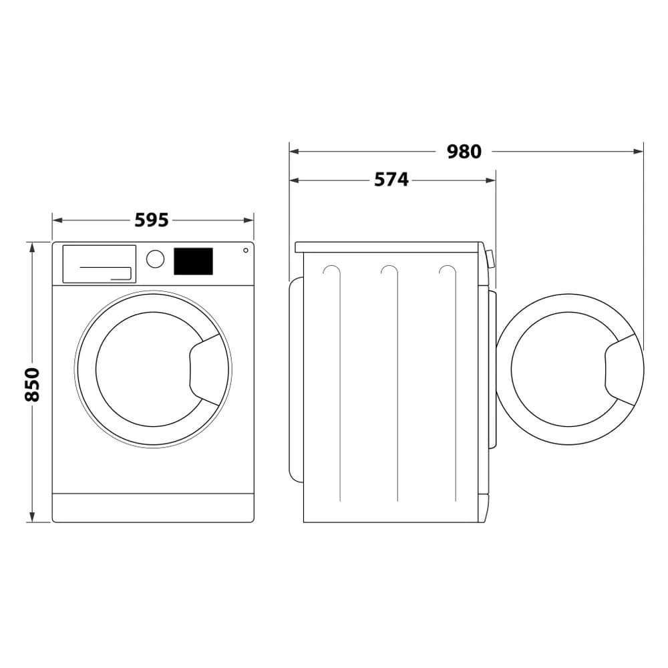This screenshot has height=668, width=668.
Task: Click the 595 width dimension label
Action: pyautogui.click(x=152, y=220)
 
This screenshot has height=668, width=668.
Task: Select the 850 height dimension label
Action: pyautogui.click(x=33, y=384)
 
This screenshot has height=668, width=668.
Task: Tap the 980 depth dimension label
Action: pyautogui.click(x=464, y=152)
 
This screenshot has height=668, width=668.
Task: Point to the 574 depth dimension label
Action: pyautogui.click(x=391, y=180)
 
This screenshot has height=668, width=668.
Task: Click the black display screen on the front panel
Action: pyautogui.click(x=193, y=261)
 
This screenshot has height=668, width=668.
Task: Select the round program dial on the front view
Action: pyautogui.click(x=155, y=259)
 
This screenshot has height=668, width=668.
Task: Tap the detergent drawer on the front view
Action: pyautogui.click(x=99, y=263)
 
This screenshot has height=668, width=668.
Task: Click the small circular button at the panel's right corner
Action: pyautogui.click(x=246, y=251)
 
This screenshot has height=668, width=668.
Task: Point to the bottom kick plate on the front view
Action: pyautogui.click(x=153, y=508)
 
